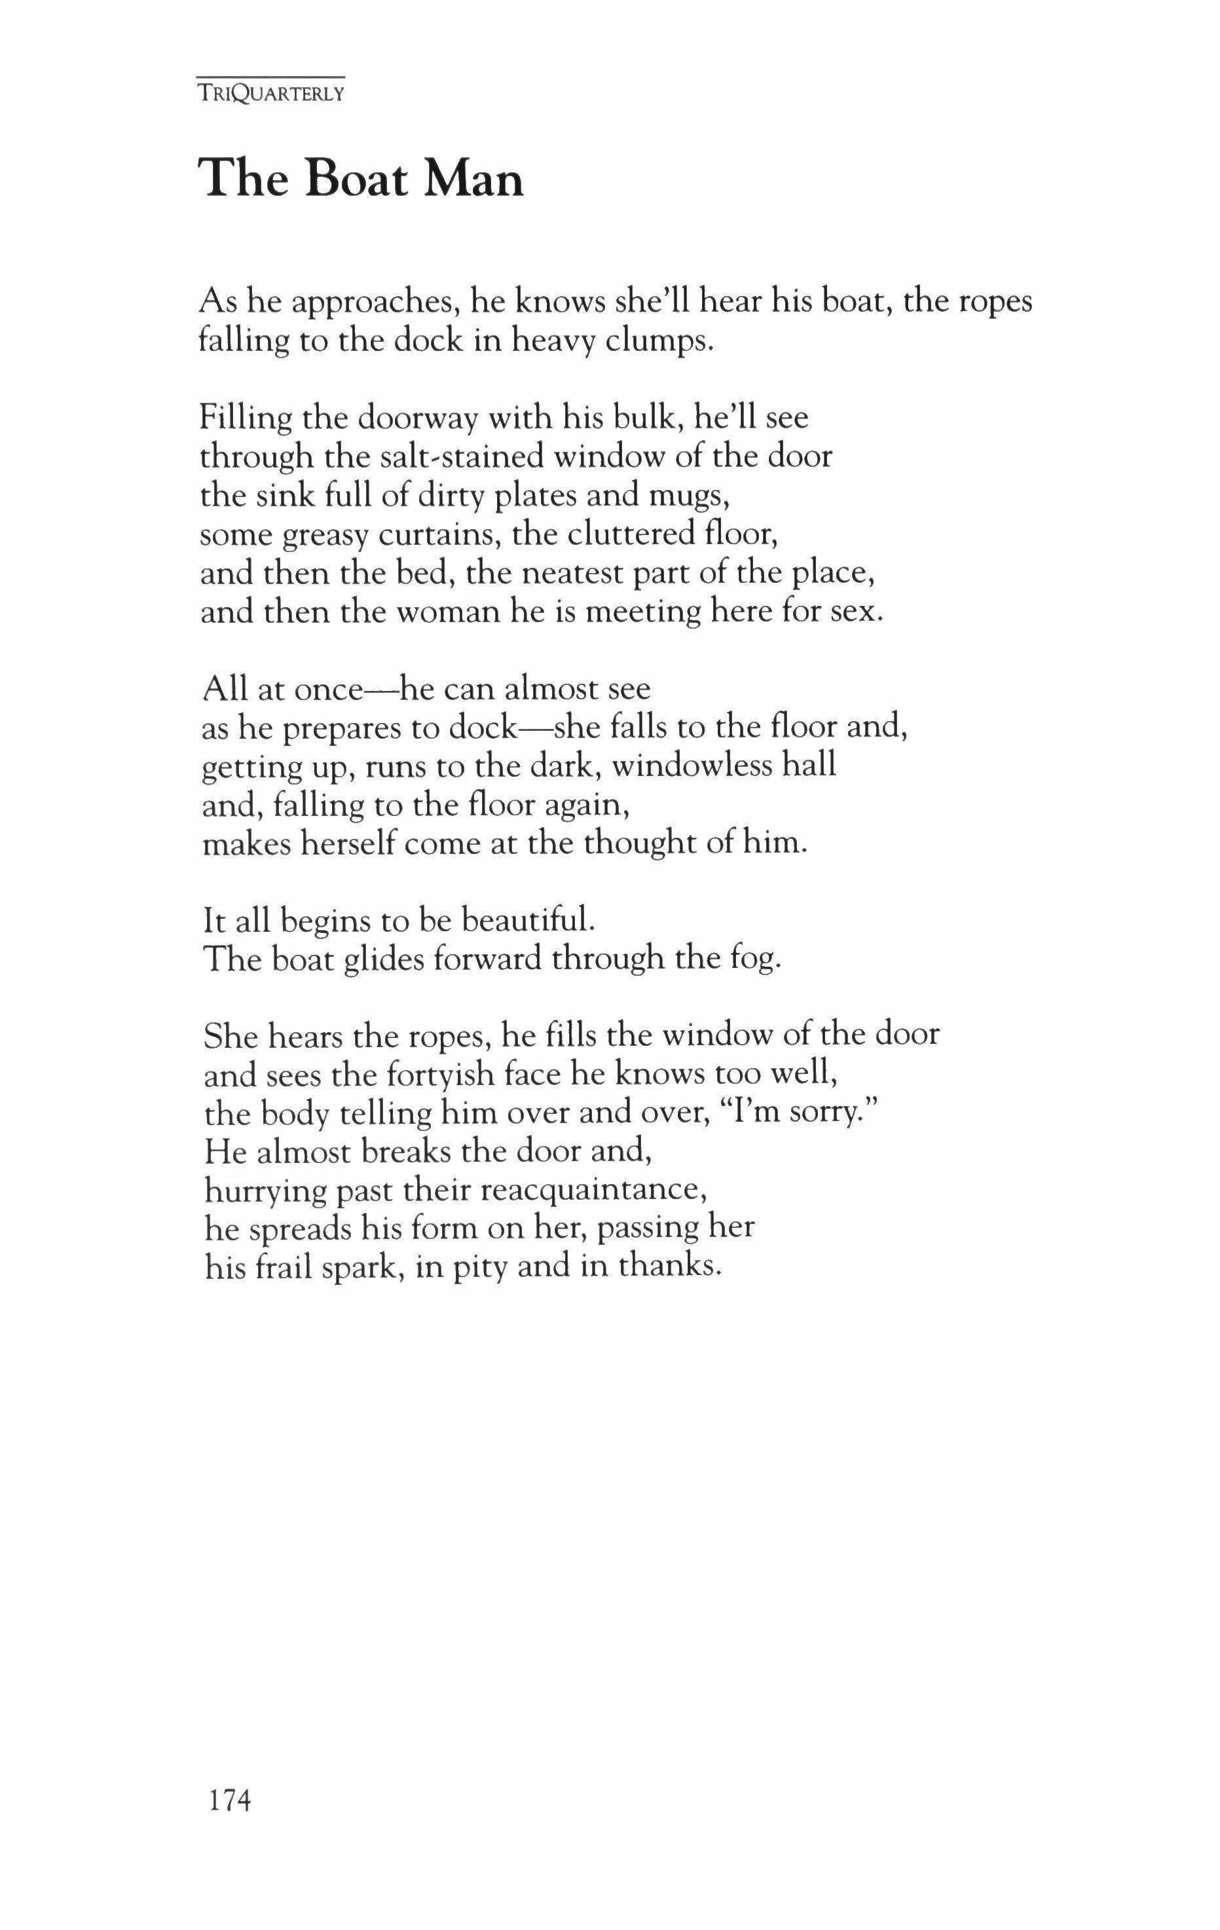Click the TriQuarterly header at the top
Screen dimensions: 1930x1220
(x=271, y=93)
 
